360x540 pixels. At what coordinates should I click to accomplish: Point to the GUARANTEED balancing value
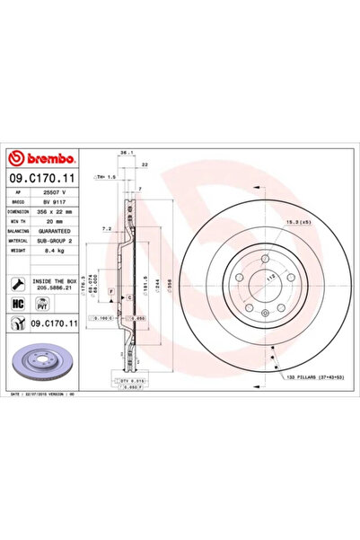click(58, 232)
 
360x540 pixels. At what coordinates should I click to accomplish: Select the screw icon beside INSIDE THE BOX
click(18, 283)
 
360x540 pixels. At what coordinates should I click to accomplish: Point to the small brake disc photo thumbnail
click(41, 365)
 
